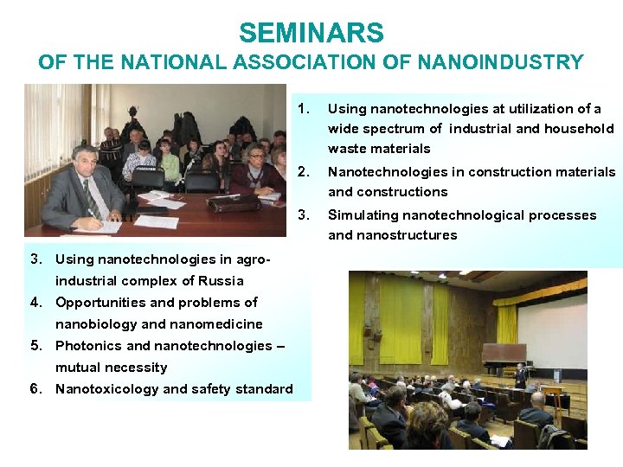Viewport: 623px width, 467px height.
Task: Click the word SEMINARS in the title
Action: tap(311, 33)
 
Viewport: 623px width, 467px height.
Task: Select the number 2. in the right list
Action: tap(303, 171)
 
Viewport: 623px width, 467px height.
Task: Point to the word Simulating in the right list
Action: tap(363, 214)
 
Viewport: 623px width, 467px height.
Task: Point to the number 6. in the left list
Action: tap(36, 388)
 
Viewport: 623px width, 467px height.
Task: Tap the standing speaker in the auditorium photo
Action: tap(520, 377)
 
